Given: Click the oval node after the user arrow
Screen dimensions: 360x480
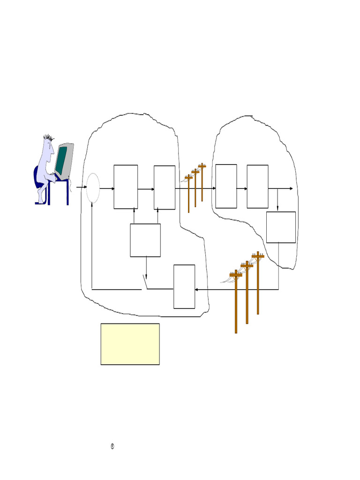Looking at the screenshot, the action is pos(93,188).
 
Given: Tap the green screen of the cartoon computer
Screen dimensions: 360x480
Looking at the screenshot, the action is pos(60,160).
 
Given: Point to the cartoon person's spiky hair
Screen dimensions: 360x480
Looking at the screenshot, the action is pos(48,138).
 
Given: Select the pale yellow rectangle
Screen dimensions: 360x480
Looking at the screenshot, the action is pos(130,344).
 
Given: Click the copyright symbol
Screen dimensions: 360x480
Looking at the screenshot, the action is pos(112,446).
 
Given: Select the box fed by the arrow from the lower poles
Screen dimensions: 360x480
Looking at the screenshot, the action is pos(184,286).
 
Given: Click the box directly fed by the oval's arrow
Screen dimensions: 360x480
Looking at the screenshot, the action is pos(126,187).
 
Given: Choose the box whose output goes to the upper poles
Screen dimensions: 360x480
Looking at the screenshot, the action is pos(165,187).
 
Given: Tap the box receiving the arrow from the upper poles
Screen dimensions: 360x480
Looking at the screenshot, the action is pos(226,186).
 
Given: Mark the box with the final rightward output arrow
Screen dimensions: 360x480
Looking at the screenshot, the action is pos(257,186).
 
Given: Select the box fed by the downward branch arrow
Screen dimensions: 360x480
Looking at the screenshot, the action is pos(281,227).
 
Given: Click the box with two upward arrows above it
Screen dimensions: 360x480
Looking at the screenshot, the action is pos(145,240).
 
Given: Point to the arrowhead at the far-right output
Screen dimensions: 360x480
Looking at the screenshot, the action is pos(292,188).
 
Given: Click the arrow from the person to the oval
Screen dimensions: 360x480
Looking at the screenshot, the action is pos(81,187).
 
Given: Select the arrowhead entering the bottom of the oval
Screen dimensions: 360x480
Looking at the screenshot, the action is pos(92,205).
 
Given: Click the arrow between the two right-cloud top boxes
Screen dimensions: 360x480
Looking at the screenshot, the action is pos(242,188).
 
